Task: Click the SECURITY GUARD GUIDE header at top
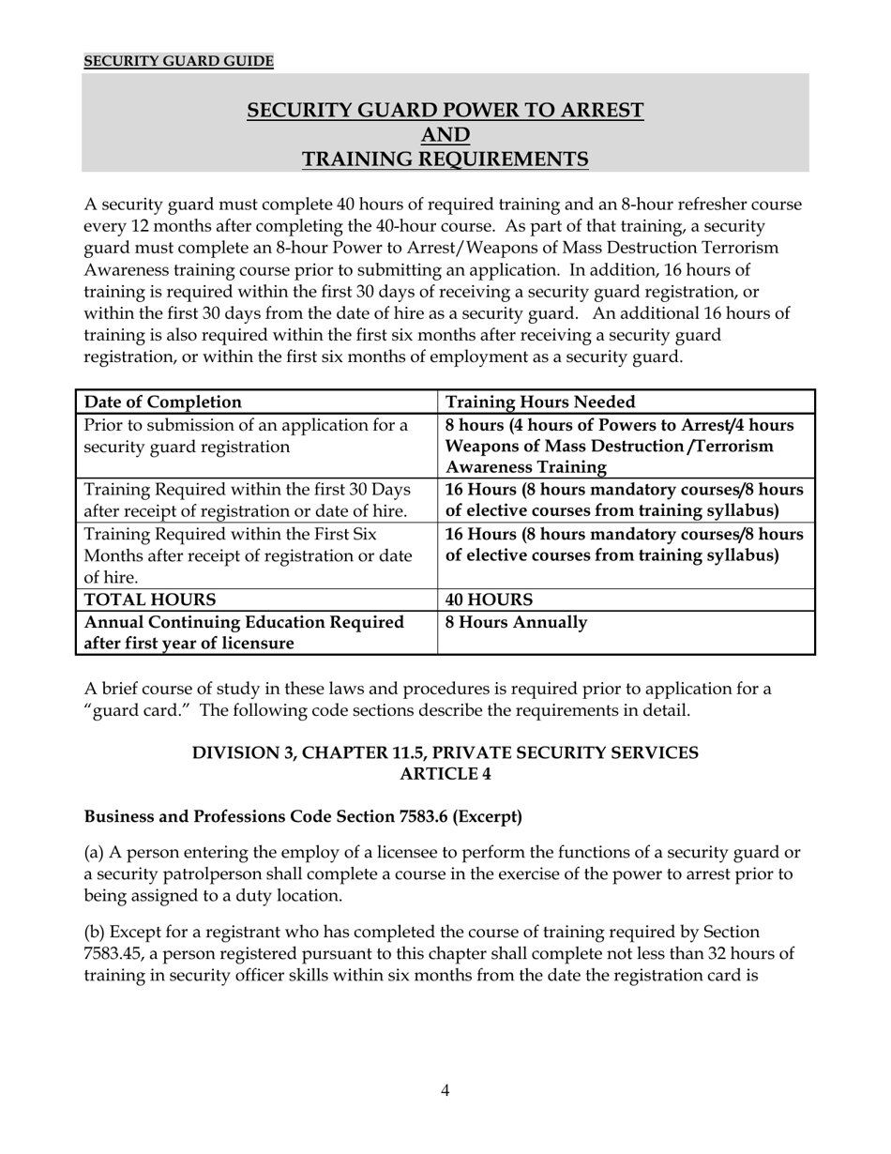click(x=178, y=62)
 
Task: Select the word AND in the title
click(x=445, y=135)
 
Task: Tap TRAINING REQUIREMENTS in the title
click(x=445, y=159)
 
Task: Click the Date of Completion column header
click(x=163, y=402)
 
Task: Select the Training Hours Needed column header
click(x=540, y=402)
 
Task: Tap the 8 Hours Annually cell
click(x=516, y=622)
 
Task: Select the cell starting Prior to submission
click(x=247, y=436)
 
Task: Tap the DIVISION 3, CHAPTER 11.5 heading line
click(x=445, y=753)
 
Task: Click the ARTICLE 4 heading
click(x=445, y=774)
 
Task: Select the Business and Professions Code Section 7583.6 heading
click(x=303, y=817)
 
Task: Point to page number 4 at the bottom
click(x=445, y=1090)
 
